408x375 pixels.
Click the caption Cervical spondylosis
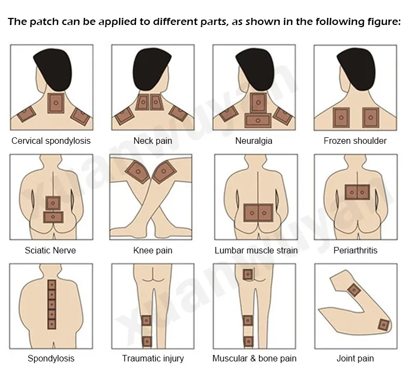coord(51,141)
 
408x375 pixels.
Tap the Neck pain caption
coord(152,141)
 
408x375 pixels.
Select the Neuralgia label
coord(254,141)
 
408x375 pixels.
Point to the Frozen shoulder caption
coord(355,141)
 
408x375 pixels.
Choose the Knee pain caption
coord(152,250)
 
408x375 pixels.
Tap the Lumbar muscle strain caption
coord(256,250)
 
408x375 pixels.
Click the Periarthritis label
coord(355,250)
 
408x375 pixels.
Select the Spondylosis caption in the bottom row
coord(51,358)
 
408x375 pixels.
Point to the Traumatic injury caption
coord(153,358)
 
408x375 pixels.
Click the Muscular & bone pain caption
coord(254,358)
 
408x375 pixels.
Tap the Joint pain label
coord(355,358)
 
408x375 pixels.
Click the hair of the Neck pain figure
coord(152,68)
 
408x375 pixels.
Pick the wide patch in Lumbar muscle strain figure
coord(258,212)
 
